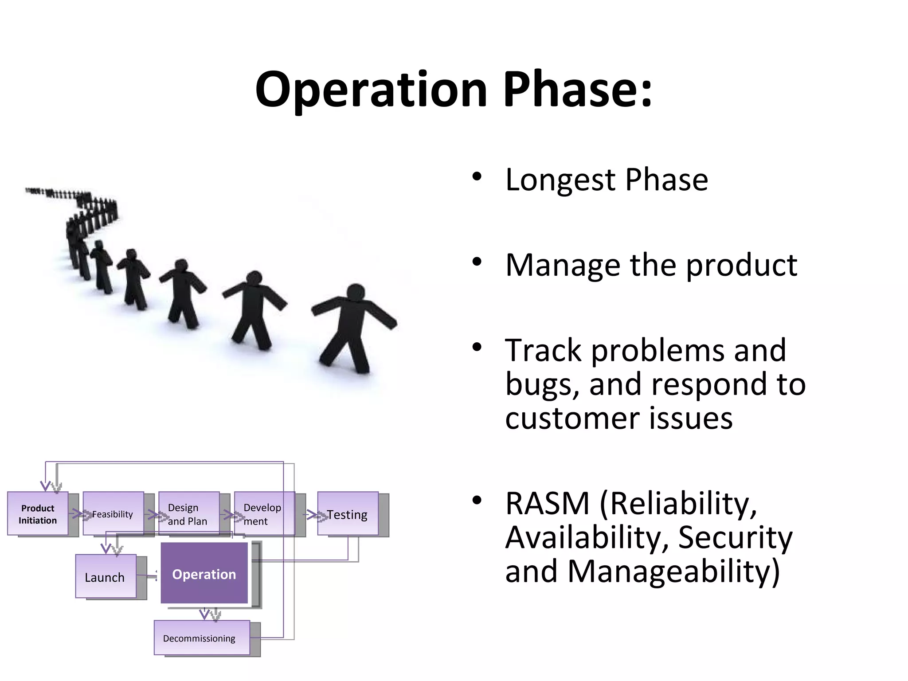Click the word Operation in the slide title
point(372,90)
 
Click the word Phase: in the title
point(577,90)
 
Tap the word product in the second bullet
point(741,265)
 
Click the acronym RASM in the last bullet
point(547,504)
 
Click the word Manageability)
point(673,571)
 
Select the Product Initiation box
point(38,514)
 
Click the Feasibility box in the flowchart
point(113,514)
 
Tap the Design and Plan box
point(189,514)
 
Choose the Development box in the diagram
point(264,514)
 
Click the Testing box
point(348,514)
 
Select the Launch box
point(106,577)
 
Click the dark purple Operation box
point(204,574)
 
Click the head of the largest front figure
point(356,293)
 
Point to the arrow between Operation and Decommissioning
point(205,614)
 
